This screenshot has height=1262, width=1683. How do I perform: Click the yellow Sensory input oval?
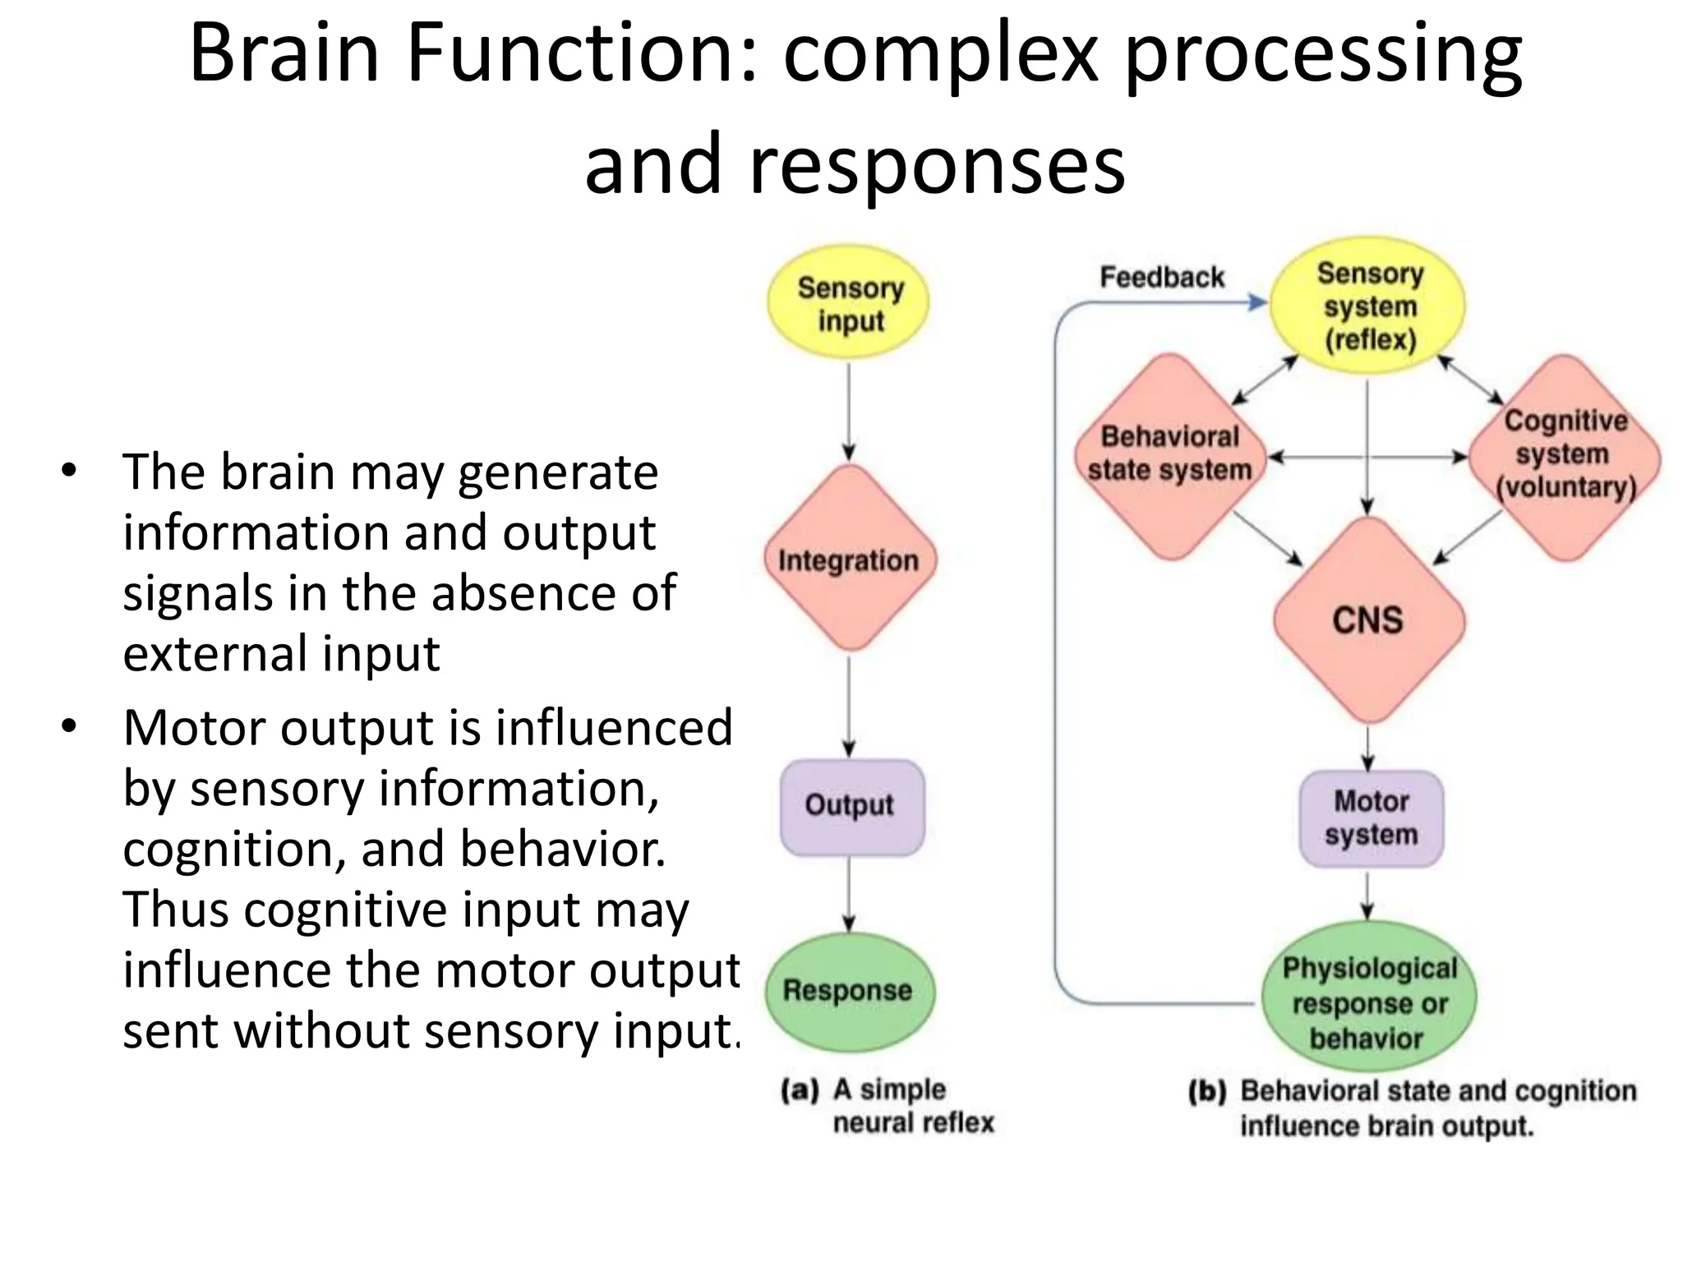coord(849,302)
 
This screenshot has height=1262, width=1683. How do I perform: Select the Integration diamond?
coord(850,560)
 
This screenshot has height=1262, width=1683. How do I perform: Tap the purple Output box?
coord(851,806)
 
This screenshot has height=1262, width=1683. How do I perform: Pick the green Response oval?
coord(849,991)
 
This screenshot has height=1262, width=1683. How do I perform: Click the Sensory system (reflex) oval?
coord(1368,306)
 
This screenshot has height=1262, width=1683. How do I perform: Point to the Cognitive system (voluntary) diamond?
coord(1565,456)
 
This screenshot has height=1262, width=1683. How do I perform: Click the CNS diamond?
coord(1368,620)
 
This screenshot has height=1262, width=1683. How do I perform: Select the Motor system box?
coord(1371,818)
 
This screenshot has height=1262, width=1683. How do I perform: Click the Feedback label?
coord(1161,278)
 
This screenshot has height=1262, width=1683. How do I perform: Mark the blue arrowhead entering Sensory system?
coord(1257,302)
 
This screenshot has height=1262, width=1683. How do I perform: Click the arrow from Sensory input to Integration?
coord(849,411)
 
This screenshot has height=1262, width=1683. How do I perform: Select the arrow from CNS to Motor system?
coord(1368,748)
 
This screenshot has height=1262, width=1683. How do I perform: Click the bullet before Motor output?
coord(69,726)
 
